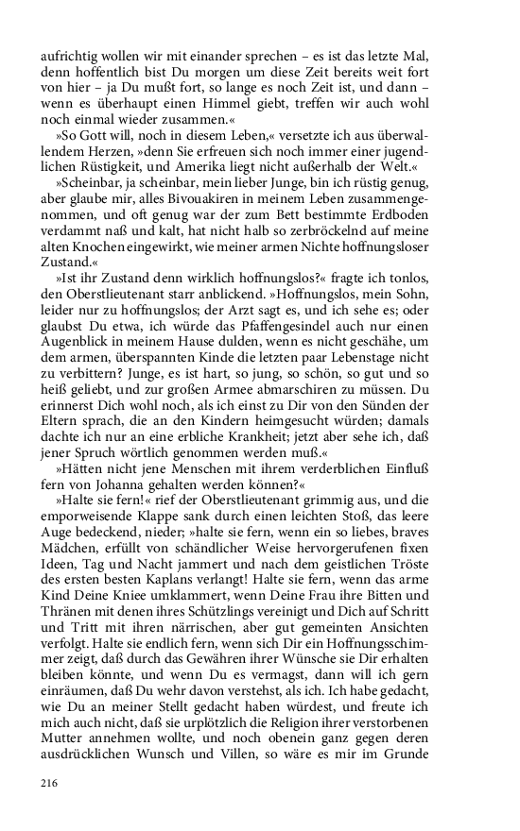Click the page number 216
click(50, 783)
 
